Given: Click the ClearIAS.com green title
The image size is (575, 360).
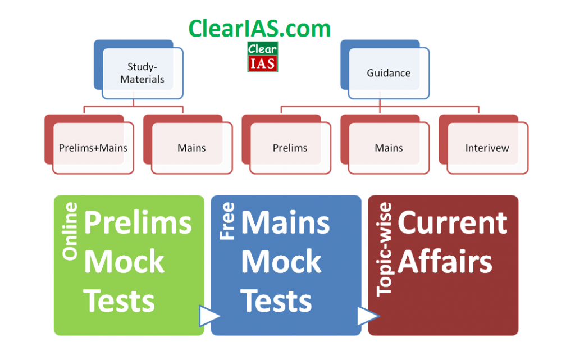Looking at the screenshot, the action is [259, 29].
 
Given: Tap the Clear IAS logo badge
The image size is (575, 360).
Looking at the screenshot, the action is [263, 57].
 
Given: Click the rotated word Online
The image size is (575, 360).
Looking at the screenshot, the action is [70, 231].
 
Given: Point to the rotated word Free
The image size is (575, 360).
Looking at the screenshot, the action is [227, 221].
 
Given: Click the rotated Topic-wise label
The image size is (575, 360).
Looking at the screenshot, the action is [385, 249].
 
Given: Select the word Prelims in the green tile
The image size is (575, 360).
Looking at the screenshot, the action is [138, 222].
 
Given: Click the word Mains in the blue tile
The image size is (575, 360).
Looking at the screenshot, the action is [286, 222].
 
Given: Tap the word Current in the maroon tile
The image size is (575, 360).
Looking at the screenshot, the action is [453, 222].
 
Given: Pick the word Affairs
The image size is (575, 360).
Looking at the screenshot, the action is [445, 261].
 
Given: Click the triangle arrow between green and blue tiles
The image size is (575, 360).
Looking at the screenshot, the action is [208, 316].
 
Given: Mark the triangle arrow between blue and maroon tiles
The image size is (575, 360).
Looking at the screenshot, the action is [367, 316].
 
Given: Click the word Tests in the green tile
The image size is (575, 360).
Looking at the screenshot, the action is [119, 300].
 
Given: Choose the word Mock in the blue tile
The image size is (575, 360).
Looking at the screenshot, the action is [281, 261].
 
